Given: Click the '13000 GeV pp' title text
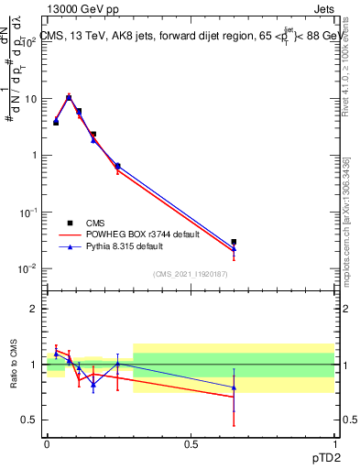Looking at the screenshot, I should pos(83,10).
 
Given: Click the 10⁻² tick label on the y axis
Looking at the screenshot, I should pos(28,268).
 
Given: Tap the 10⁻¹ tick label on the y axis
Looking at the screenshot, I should pos(28,212).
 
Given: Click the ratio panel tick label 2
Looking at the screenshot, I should pos(35,309).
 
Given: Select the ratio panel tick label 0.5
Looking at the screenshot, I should pos(30,420).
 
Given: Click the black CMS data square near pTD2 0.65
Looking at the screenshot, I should pos(234,242).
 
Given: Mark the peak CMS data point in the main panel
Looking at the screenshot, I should pos(69,97).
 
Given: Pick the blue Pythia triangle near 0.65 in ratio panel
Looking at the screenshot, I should pos(234,387).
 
